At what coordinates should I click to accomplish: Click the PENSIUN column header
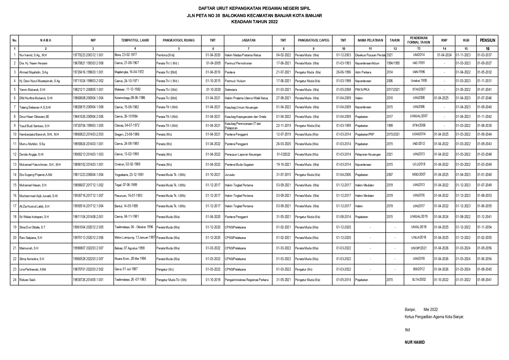pyautogui.click(x=487, y=40)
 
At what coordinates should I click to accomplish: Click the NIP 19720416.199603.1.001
pyautogui.click(x=88, y=72)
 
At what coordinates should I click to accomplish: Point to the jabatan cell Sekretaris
pyautogui.click(x=231, y=90)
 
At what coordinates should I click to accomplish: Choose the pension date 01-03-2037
pyautogui.click(x=484, y=55)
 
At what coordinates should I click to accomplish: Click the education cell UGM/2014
pyautogui.click(x=418, y=134)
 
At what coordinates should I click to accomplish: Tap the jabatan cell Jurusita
pyautogui.click(x=230, y=175)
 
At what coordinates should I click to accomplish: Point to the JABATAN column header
pyautogui.click(x=248, y=40)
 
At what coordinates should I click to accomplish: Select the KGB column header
pyautogui.click(x=466, y=40)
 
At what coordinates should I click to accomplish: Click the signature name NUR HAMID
pyautogui.click(x=415, y=342)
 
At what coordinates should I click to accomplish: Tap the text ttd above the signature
pyautogui.click(x=407, y=330)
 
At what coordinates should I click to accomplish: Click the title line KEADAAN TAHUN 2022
pyautogui.click(x=254, y=21)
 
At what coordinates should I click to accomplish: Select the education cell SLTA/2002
pyautogui.click(x=418, y=280)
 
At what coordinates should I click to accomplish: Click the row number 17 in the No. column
pyautogui.click(x=15, y=206)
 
